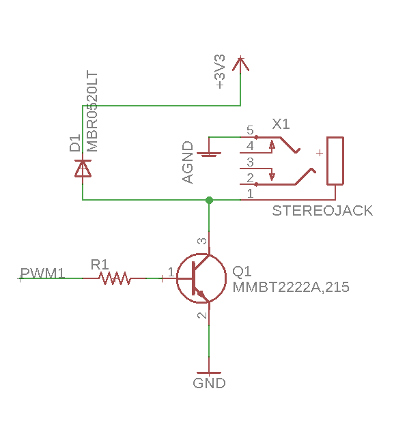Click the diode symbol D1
click(83, 169)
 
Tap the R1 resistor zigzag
click(115, 278)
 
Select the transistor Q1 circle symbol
click(201, 278)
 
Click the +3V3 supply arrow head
click(240, 64)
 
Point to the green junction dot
click(209, 200)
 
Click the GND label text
click(209, 383)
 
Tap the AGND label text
click(188, 162)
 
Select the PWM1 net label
click(42, 273)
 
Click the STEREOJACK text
click(322, 211)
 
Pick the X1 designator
click(281, 124)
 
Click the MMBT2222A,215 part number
click(291, 287)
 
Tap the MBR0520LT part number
click(92, 111)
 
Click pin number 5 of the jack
click(250, 130)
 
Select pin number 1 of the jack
click(251, 194)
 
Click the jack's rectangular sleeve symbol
click(335, 161)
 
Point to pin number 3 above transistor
click(202, 241)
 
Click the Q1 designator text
click(242, 271)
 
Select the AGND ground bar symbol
click(209, 154)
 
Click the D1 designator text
click(75, 143)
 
